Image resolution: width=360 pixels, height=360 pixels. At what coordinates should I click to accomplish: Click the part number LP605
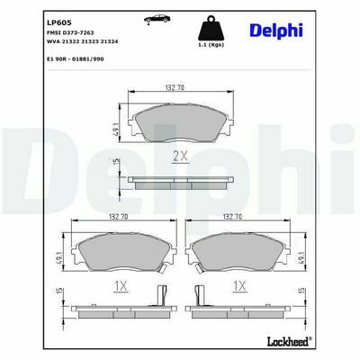click(58, 22)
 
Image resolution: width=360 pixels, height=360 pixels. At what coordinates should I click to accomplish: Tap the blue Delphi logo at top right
click(276, 31)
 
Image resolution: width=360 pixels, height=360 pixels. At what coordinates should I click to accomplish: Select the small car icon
click(157, 19)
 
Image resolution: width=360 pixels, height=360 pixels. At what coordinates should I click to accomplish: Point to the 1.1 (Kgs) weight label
click(211, 45)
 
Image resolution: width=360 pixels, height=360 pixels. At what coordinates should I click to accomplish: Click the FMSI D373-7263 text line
click(70, 32)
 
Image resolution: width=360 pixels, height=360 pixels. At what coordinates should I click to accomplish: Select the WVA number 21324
click(109, 41)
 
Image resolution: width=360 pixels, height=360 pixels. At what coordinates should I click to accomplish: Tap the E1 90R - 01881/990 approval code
click(76, 59)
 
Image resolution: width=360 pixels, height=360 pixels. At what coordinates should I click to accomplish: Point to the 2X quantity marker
click(180, 156)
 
